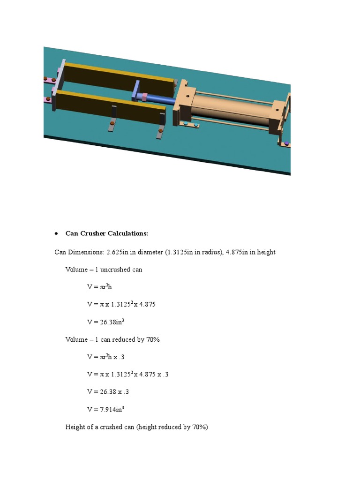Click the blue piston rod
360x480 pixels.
pyautogui.click(x=162, y=99)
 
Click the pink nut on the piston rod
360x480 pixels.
pyautogui.click(x=145, y=97)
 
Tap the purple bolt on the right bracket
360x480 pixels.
pyautogui.click(x=286, y=142)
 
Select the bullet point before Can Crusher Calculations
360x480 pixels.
pyautogui.click(x=56, y=233)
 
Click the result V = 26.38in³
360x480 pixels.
pyautogui.click(x=105, y=322)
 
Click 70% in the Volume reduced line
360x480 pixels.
pyautogui.click(x=152, y=339)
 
